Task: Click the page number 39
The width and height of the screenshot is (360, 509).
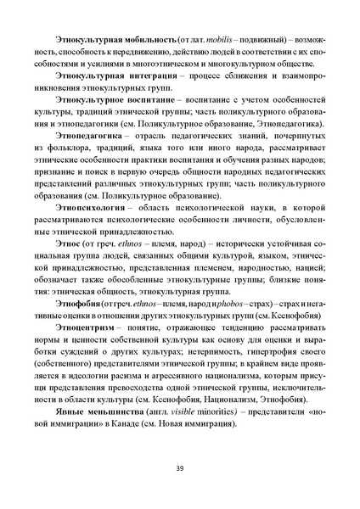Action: [180, 468]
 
